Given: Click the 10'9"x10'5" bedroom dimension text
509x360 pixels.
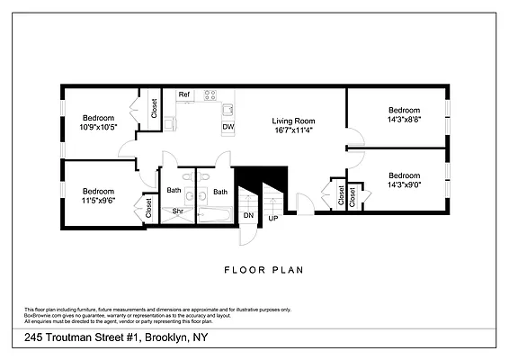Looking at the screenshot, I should pyautogui.click(x=98, y=128).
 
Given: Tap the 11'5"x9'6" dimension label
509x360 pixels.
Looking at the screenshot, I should pyautogui.click(x=98, y=201).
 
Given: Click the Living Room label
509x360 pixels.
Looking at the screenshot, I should pyautogui.click(x=294, y=120).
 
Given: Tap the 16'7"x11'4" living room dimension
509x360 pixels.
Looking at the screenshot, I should pyautogui.click(x=294, y=130).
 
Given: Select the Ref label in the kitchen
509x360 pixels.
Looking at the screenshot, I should pyautogui.click(x=183, y=94).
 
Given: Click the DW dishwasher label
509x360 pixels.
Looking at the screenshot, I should pyautogui.click(x=228, y=126).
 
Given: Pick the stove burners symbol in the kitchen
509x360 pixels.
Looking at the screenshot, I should pyautogui.click(x=210, y=94).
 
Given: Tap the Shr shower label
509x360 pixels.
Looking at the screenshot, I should pyautogui.click(x=178, y=212).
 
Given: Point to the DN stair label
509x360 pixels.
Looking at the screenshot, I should pyautogui.click(x=248, y=216).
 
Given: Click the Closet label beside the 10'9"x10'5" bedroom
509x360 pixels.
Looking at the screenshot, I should pyautogui.click(x=154, y=110).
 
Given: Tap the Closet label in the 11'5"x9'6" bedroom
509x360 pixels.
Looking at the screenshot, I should pyautogui.click(x=147, y=209).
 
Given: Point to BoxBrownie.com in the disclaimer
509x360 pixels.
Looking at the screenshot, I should pyautogui.click(x=43, y=314).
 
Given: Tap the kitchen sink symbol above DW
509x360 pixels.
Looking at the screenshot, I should pyautogui.click(x=228, y=109).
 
